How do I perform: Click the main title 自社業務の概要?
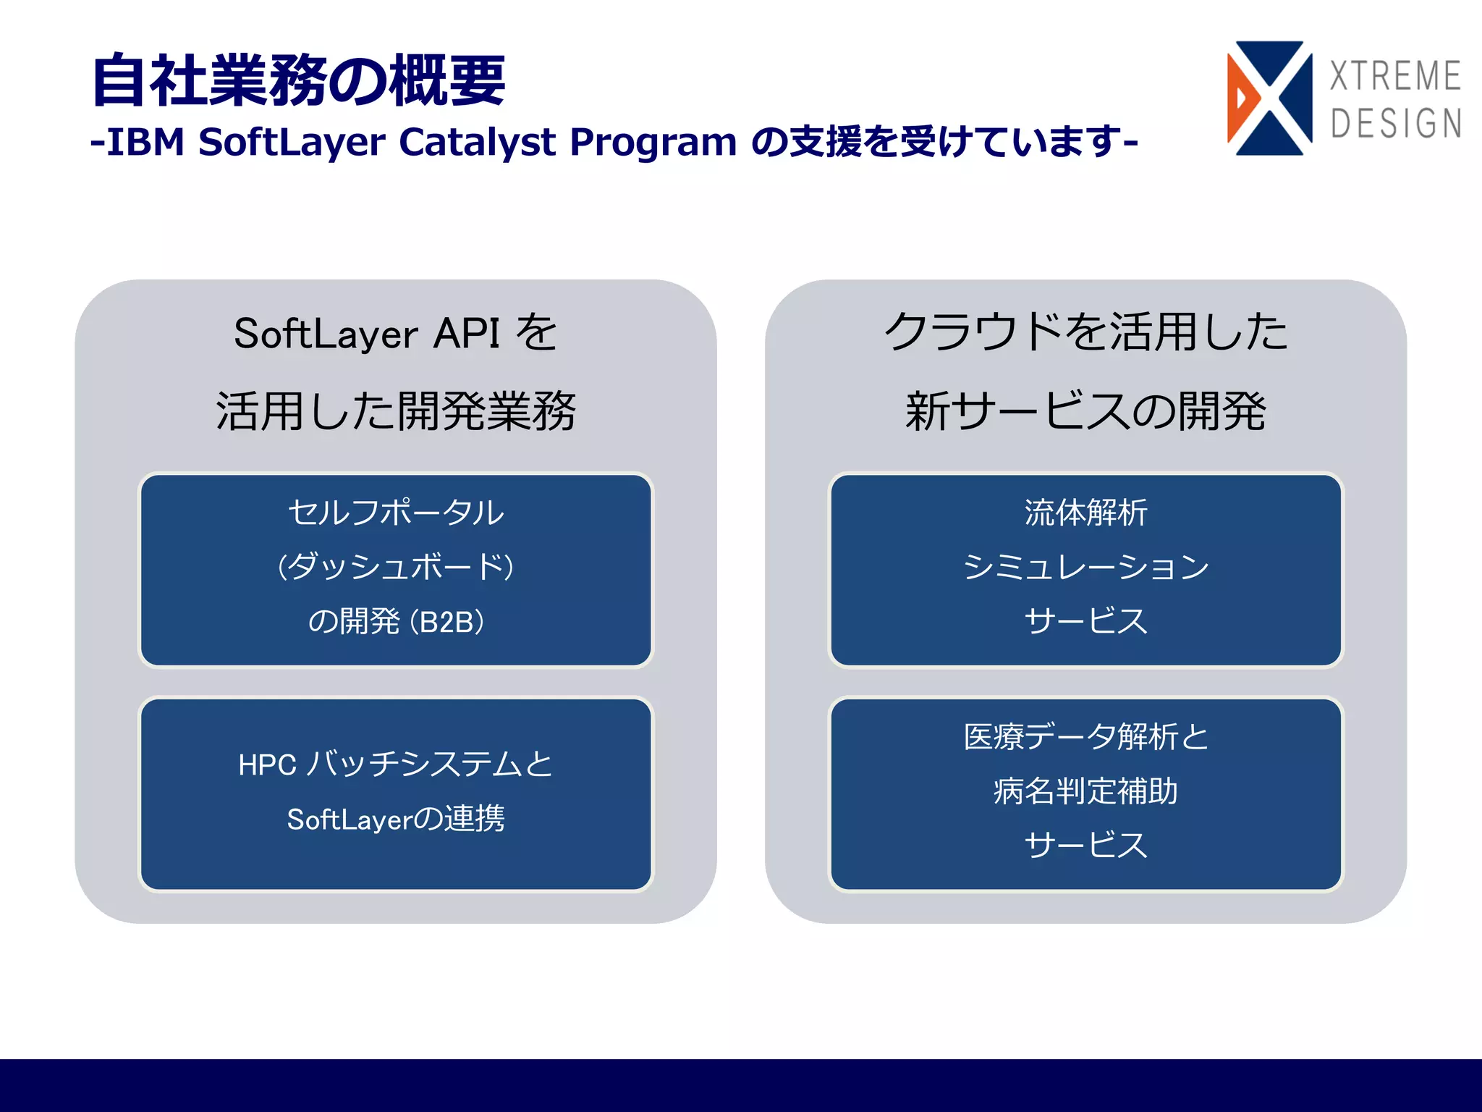298,80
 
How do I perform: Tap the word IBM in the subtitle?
145,142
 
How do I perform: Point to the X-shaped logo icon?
1270,98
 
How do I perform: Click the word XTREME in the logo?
1395,76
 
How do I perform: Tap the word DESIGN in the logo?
1396,123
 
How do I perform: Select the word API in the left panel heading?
467,334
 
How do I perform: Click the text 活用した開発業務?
396,411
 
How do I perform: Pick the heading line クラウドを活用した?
1085,332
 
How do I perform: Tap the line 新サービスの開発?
1085,411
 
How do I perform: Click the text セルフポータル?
396,513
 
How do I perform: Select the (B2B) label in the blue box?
447,622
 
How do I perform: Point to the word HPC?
267,765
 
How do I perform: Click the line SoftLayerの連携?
396,819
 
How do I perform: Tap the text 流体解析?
1085,513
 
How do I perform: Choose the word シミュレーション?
1085,567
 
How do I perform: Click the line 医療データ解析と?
1085,737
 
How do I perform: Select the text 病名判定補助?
1085,791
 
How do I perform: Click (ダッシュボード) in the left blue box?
396,567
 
